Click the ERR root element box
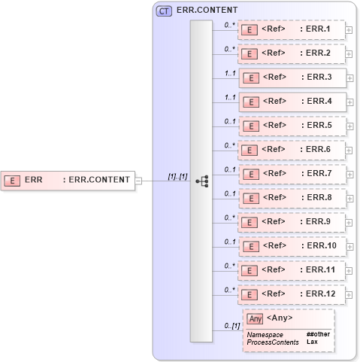[68, 180]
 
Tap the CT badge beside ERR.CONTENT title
[162, 11]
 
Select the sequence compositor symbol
[201, 181]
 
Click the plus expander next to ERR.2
[349, 54]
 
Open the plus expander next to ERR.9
[349, 222]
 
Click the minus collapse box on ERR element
[138, 181]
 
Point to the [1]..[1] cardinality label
[177, 176]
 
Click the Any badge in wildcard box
[256, 318]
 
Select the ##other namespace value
[317, 333]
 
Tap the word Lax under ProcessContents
[312, 342]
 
